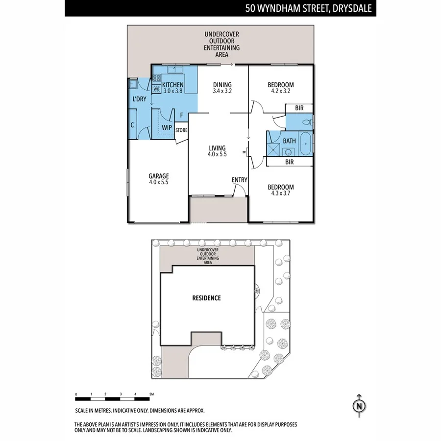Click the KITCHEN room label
172,85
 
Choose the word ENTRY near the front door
239,180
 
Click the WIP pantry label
167,128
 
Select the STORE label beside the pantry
181,130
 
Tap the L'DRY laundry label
139,99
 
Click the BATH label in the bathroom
289,141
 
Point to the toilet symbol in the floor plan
306,122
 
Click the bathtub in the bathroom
305,143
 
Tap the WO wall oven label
156,89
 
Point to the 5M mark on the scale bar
151,394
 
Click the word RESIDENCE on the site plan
206,298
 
